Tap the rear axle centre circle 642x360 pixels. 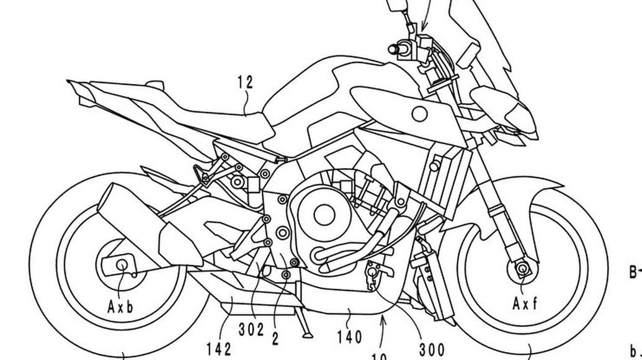122,266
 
